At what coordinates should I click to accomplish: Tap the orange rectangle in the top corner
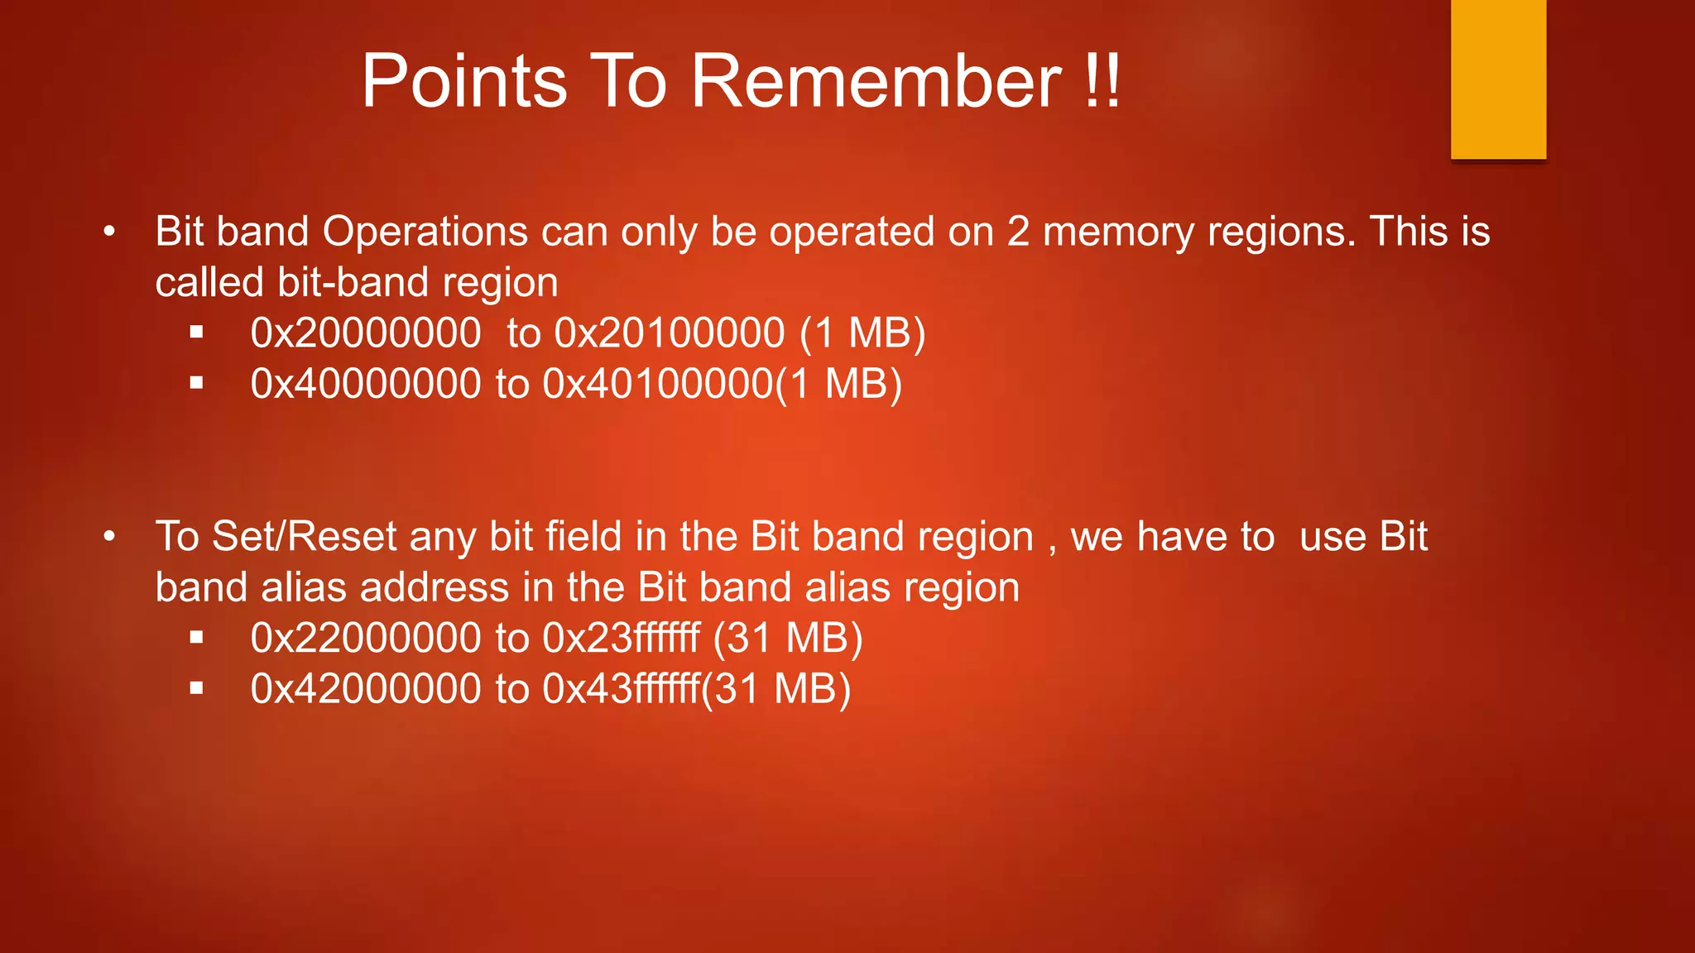(x=1498, y=79)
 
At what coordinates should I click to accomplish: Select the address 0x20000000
(x=366, y=333)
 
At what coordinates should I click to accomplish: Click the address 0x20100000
(x=670, y=333)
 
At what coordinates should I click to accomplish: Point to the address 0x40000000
(x=366, y=384)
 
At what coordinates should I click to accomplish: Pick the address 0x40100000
(x=658, y=384)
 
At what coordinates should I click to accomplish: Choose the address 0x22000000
(x=366, y=639)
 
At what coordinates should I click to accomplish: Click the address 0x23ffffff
(x=622, y=639)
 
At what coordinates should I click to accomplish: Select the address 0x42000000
(x=366, y=689)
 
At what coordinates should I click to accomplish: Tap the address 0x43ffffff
(x=622, y=689)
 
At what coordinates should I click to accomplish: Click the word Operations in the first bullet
(x=425, y=232)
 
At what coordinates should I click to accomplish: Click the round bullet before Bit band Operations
(x=109, y=232)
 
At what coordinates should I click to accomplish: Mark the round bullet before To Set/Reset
(x=109, y=538)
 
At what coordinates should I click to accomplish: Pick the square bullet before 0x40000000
(x=196, y=383)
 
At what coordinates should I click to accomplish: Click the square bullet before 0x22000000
(x=196, y=638)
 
